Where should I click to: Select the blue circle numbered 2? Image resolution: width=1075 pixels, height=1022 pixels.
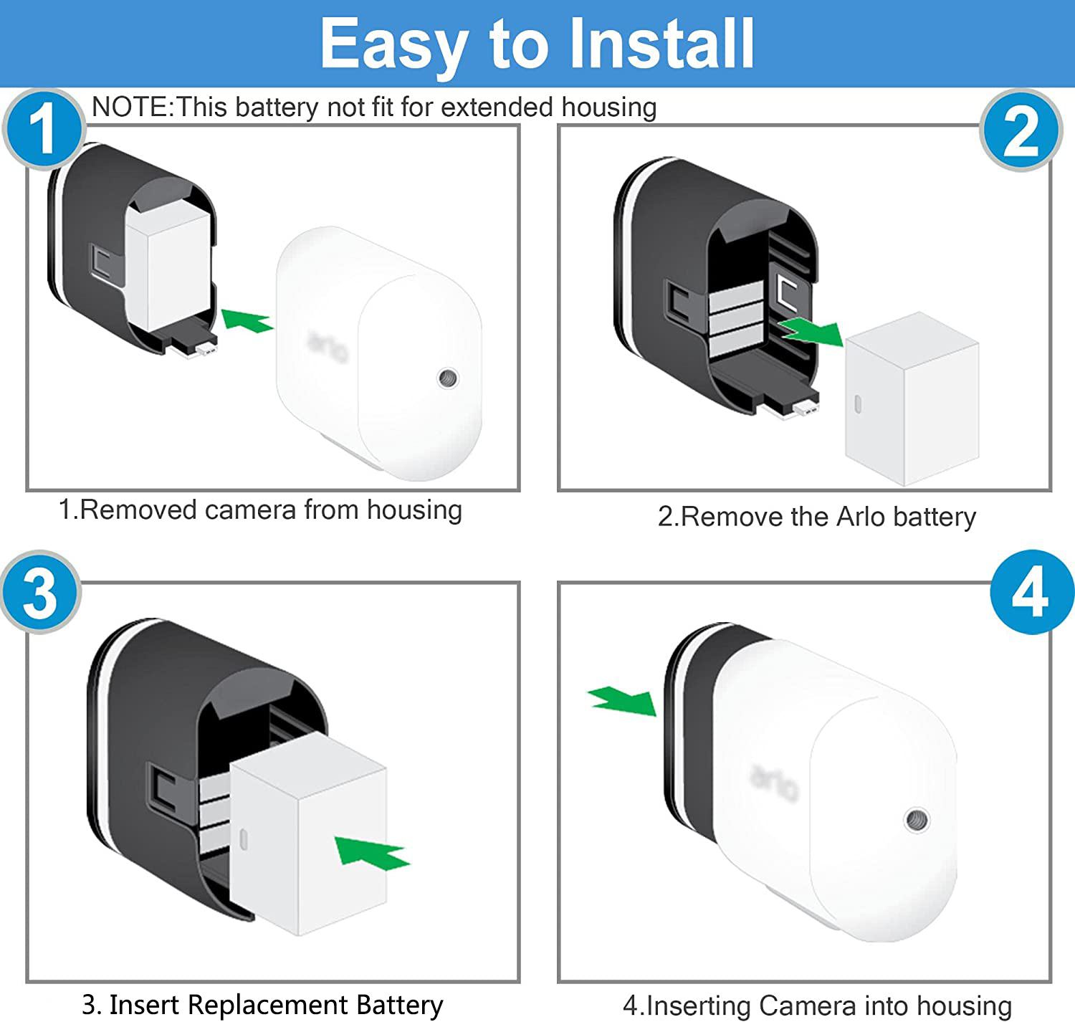1021,130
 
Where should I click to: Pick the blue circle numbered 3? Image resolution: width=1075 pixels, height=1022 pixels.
40,592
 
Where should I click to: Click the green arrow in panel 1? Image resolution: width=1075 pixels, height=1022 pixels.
247,320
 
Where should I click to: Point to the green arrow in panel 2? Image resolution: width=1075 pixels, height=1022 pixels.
811,332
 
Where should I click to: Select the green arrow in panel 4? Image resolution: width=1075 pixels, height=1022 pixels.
622,700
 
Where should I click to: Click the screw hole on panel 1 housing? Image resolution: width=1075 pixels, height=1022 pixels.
449,378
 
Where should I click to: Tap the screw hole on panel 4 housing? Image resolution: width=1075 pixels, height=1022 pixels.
917,818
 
